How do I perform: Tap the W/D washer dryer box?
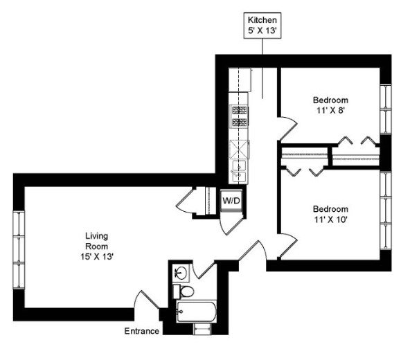(231, 201)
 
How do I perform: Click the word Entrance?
(142, 331)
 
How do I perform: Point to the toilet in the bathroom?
(181, 291)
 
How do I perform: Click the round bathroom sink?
(180, 271)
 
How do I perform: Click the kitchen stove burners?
(240, 116)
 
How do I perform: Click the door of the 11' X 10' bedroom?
(287, 244)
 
